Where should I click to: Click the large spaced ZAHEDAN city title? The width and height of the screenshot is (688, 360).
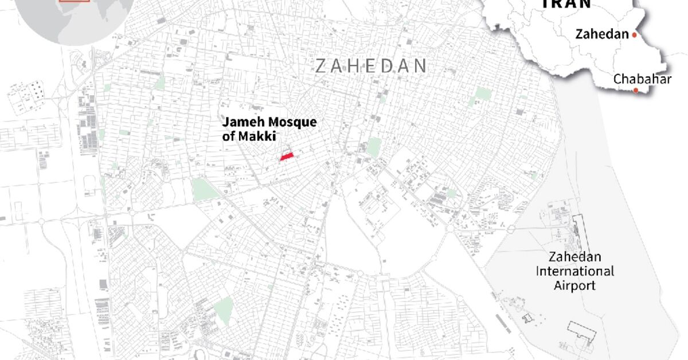click(371, 66)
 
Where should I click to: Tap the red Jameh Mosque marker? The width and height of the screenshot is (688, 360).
click(286, 156)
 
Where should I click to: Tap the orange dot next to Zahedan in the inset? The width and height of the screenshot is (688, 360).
click(635, 35)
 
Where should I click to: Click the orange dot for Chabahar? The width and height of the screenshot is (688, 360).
click(635, 91)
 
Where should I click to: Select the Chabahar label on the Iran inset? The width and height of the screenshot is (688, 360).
click(642, 79)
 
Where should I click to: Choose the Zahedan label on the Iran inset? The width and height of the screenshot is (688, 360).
click(602, 34)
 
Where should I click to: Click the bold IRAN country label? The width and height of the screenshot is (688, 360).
click(566, 4)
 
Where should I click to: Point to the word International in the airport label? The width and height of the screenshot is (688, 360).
click(575, 271)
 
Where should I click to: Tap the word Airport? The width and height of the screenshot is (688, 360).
click(575, 285)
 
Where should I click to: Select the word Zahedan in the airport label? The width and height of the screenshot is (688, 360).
click(575, 257)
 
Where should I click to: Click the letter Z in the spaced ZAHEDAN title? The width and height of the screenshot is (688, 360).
click(320, 66)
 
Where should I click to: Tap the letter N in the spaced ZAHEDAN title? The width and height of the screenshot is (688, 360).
click(421, 66)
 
